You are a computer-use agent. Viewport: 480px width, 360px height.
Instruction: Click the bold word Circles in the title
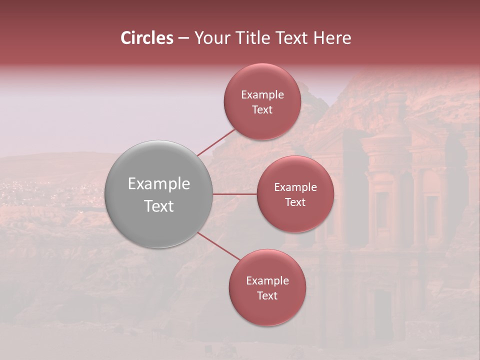click(147, 38)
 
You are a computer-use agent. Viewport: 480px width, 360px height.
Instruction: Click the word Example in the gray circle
click(159, 184)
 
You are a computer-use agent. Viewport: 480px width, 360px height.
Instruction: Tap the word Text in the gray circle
click(159, 206)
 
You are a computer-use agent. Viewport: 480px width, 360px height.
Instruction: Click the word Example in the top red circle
click(262, 95)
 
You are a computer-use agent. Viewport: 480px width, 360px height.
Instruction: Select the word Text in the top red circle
click(262, 110)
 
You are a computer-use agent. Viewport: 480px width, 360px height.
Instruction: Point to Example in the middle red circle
click(295, 187)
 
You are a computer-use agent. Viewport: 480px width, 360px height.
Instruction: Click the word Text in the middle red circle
click(295, 202)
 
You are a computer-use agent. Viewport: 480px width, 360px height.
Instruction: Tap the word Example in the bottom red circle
click(267, 281)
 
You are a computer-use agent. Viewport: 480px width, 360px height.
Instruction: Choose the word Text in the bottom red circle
click(267, 296)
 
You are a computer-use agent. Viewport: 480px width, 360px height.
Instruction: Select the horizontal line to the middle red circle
click(235, 194)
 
